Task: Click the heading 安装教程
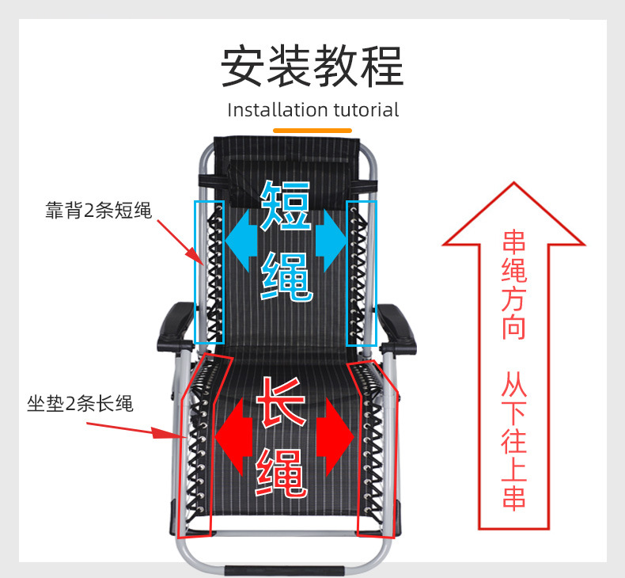[x=312, y=67]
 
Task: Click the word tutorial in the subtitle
[x=366, y=110]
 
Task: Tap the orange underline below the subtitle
[x=312, y=129]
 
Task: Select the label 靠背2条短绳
[x=98, y=211]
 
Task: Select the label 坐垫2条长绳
[x=80, y=405]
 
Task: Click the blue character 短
[x=286, y=205]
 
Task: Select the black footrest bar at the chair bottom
[x=284, y=568]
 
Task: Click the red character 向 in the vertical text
[x=514, y=326]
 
